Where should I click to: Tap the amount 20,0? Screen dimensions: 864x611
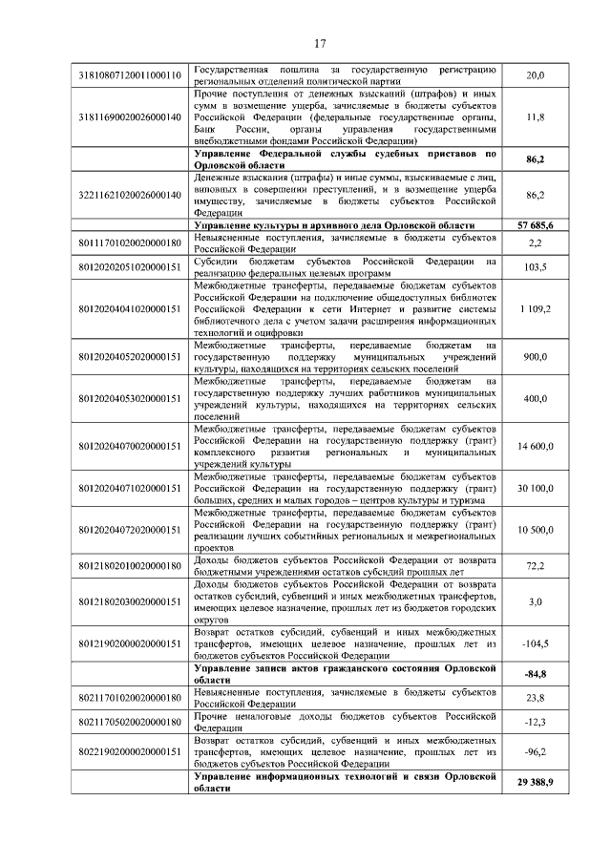point(535,75)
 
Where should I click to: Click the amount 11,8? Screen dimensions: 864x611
point(535,116)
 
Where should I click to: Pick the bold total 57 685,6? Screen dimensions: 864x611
point(535,223)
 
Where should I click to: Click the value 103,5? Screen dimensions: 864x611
point(535,267)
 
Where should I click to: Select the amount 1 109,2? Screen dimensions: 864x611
point(535,308)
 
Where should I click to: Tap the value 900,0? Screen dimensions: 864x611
point(535,357)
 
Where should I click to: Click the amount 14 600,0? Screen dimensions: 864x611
point(535,446)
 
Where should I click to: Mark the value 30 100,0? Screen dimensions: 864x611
point(535,488)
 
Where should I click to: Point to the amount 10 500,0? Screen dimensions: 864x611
point(535,529)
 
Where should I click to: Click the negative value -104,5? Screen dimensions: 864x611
point(535,643)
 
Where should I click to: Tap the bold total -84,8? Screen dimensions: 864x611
point(535,675)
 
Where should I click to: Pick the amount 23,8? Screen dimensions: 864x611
point(535,698)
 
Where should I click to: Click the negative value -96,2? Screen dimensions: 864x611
point(535,752)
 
